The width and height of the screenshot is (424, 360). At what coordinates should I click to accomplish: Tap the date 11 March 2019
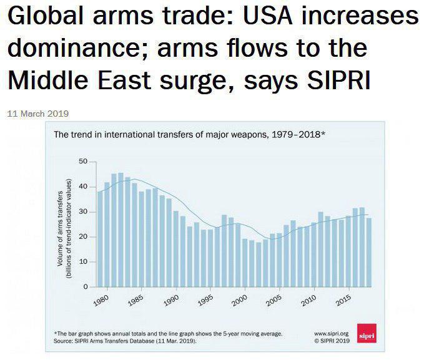(x=37, y=114)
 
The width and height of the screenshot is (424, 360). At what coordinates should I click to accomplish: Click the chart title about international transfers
(x=190, y=134)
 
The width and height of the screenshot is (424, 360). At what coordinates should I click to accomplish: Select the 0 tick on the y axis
(x=86, y=286)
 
